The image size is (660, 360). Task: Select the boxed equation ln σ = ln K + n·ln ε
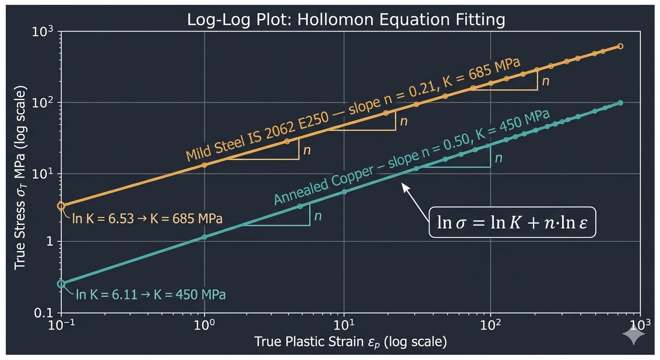point(512,223)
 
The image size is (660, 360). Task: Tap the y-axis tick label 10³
point(45,32)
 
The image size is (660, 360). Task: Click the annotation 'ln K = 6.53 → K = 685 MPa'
point(147,219)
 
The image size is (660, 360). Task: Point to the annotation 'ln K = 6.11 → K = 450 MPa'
point(151,295)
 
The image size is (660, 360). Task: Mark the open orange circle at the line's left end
point(61,206)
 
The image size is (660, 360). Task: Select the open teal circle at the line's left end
point(61,284)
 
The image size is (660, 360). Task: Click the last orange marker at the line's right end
point(620,46)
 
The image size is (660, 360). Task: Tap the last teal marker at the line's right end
point(620,103)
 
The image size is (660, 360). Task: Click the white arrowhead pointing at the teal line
point(405,186)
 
